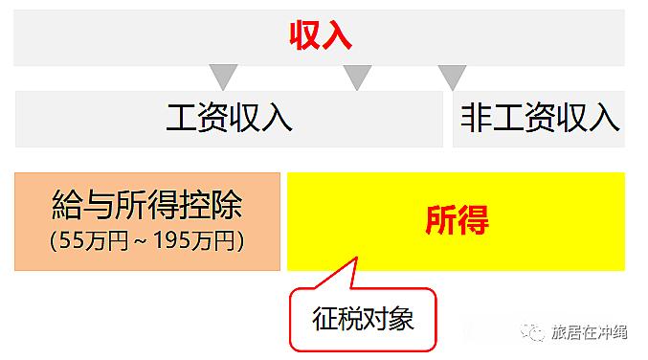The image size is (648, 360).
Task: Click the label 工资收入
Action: (x=230, y=118)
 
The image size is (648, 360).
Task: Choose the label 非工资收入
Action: (x=540, y=118)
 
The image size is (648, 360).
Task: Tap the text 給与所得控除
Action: (x=146, y=206)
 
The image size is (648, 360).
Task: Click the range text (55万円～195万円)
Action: (x=146, y=240)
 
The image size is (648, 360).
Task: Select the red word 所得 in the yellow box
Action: (x=457, y=220)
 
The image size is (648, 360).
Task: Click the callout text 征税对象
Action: (x=363, y=318)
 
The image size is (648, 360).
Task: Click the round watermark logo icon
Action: (x=532, y=333)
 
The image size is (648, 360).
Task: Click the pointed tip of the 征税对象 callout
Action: (x=357, y=258)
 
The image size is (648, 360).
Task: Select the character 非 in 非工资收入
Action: (x=476, y=118)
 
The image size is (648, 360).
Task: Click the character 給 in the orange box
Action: (x=67, y=206)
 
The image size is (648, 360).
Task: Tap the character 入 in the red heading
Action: (x=338, y=36)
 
